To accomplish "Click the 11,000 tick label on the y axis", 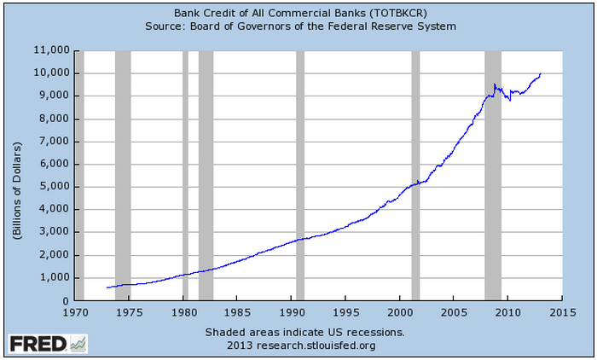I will coord(51,50).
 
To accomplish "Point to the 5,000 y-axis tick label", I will coord(54,187).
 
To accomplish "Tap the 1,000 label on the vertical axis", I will coord(54,278).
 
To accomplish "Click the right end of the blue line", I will coord(541,73).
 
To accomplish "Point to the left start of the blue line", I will coord(107,287).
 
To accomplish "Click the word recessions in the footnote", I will coord(371,332).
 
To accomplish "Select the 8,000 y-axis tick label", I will coord(54,119).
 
